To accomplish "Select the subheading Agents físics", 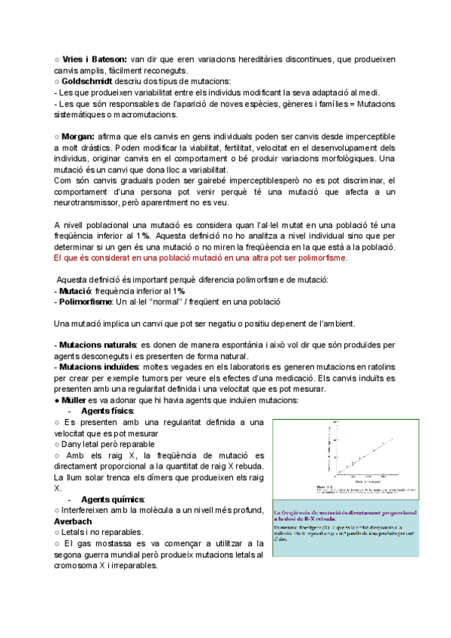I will (x=107, y=411).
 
